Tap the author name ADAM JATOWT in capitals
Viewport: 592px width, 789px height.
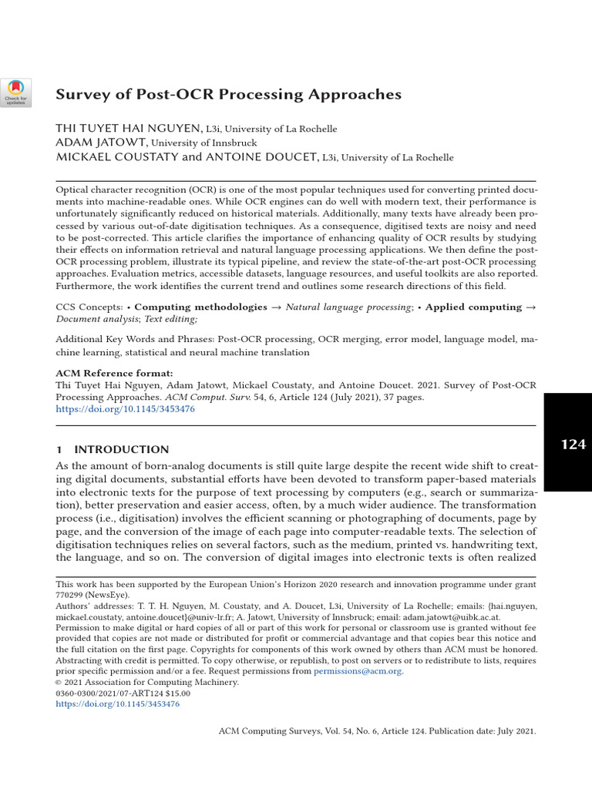[101, 143]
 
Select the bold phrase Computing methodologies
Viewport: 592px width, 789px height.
[200, 307]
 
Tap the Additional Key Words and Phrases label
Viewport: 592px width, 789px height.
[135, 339]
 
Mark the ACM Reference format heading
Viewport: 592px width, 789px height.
[106, 371]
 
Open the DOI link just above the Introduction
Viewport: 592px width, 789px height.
[126, 410]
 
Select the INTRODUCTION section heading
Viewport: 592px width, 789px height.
[120, 449]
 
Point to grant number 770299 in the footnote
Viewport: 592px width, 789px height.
[70, 595]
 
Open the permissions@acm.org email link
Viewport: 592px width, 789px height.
[358, 671]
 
